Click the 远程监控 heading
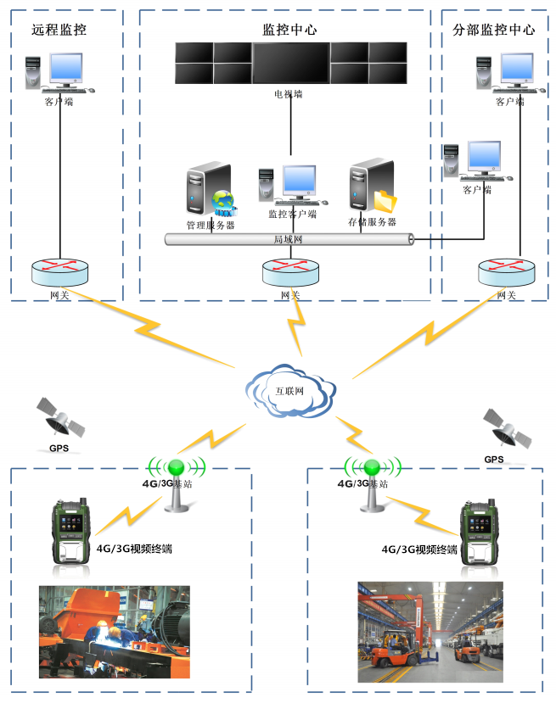coord(59,30)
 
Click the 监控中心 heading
coord(289,29)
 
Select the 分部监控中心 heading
coord(495,30)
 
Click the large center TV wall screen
coord(290,62)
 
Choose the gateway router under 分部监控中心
coord(506,272)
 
